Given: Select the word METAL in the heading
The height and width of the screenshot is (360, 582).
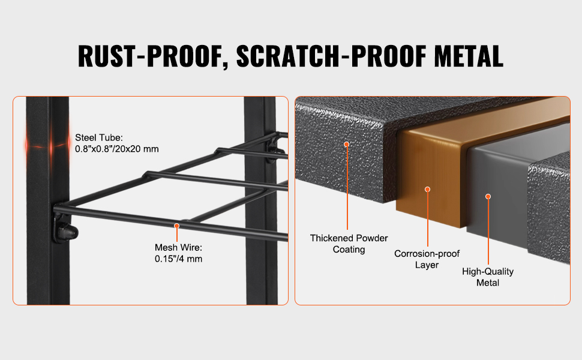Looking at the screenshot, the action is click(x=469, y=56).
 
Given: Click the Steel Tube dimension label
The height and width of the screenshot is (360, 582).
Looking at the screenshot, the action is click(x=116, y=143).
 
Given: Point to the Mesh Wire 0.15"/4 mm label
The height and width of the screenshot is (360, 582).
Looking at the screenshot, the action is click(x=179, y=253).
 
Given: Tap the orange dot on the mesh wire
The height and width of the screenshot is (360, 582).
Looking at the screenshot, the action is click(x=177, y=226).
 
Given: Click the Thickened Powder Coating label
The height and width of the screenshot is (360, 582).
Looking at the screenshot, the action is click(x=349, y=244).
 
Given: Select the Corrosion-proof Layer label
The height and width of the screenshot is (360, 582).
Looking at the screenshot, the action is click(x=427, y=259).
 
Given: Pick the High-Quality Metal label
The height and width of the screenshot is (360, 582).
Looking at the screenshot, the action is click(x=488, y=277).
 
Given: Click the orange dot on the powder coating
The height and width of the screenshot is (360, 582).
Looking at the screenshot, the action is click(x=346, y=145).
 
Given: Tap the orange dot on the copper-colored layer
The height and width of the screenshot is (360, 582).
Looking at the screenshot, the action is click(x=428, y=189).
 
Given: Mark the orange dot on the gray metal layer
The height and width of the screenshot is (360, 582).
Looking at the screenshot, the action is click(x=488, y=196).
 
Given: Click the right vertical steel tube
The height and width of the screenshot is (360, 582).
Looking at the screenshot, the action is click(x=260, y=201).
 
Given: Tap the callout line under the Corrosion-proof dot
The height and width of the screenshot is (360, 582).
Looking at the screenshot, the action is click(x=428, y=219).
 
